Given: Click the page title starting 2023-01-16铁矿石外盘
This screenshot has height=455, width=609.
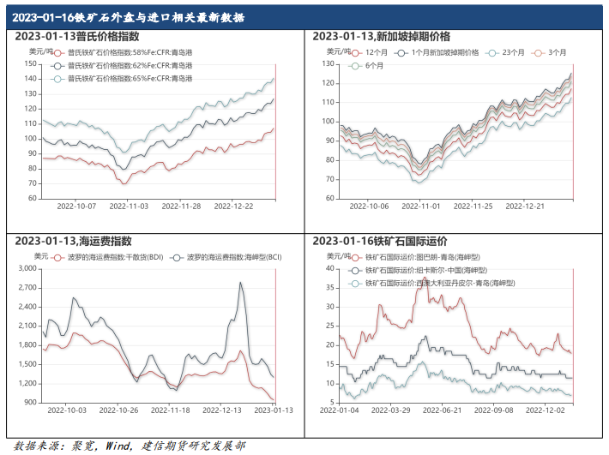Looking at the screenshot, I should tap(130, 17).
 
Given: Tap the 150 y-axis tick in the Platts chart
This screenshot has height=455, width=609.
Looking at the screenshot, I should tap(30, 63).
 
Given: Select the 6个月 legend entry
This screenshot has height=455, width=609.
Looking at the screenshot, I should tap(369, 65).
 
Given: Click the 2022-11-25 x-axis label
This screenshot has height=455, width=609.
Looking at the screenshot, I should tap(473, 207).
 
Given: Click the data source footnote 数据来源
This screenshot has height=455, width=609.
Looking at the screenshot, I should tap(130, 445).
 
